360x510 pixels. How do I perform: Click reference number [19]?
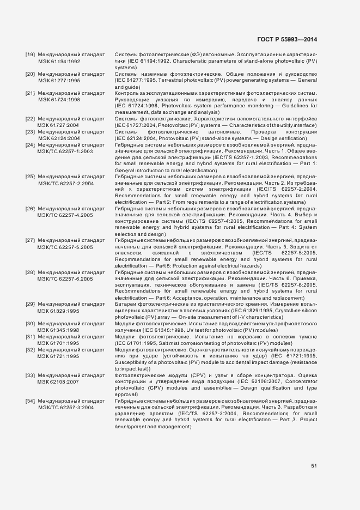(30, 56)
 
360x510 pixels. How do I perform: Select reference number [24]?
(30, 145)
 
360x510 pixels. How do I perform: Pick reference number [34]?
(30, 401)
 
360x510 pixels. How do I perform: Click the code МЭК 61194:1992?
(59, 62)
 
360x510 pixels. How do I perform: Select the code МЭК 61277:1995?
(59, 80)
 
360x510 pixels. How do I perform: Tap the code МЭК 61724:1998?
(59, 100)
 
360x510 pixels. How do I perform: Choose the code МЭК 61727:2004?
(59, 125)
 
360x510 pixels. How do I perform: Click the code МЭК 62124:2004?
(59, 138)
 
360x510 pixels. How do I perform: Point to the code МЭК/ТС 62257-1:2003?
(65, 151)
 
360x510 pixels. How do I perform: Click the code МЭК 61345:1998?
(59, 330)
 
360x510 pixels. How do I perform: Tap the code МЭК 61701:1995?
(59, 343)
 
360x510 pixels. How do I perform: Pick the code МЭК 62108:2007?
(59, 381)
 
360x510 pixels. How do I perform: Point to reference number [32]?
(30, 349)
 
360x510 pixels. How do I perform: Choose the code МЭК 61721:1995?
(59, 356)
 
